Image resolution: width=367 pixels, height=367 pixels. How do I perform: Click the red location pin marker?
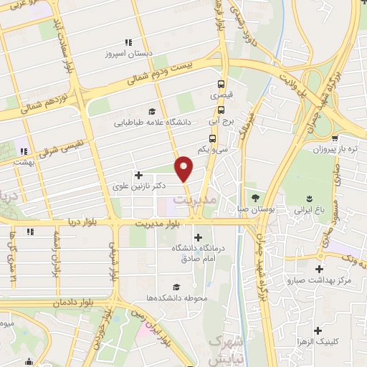coord(184,168)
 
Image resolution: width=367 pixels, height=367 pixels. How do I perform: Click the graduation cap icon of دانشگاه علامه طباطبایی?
coord(151,111)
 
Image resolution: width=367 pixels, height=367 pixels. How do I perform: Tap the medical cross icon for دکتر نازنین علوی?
coord(138,175)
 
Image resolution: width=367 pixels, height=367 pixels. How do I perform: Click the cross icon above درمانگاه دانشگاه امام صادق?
coord(199,237)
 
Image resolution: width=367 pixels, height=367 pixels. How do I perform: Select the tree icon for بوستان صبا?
coord(255,198)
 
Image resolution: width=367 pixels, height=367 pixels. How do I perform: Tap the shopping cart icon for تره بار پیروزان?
coord(335,139)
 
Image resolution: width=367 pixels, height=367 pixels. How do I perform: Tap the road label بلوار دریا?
coord(88,224)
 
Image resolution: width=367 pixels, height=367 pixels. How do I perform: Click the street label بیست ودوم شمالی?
coord(163,75)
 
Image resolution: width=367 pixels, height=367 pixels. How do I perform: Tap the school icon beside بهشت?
coord(23,151)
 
